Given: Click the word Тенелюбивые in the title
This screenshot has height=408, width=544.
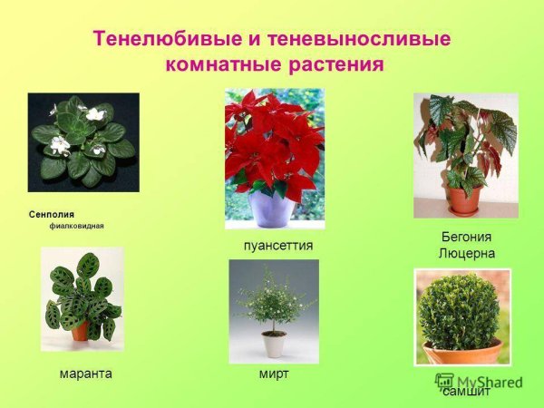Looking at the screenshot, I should (160, 40).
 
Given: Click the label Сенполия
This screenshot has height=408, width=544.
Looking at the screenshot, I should (51, 214).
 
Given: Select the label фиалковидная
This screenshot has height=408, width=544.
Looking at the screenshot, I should (77, 226).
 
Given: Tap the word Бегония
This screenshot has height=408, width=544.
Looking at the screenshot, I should (466, 236).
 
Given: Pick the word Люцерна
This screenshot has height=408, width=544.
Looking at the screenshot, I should (466, 253).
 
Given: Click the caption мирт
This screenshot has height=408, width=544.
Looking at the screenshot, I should (273, 373).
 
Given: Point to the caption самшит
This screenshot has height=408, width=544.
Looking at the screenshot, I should (466, 392).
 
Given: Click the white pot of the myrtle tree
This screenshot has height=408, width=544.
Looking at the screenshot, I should (273, 345).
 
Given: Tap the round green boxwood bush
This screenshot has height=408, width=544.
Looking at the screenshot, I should (459, 311).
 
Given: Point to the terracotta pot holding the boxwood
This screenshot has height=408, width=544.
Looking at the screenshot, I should (462, 351).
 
